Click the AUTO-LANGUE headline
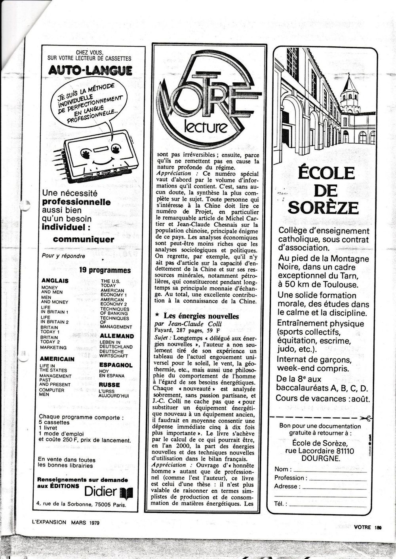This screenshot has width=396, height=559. point(90,70)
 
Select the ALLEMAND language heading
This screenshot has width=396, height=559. point(116,336)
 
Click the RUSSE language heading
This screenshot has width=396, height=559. point(109,384)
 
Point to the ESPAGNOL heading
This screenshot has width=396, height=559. point(116,365)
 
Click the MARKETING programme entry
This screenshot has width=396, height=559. point(53,347)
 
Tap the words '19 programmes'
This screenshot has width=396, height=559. point(105,271)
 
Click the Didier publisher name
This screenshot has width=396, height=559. point(101,492)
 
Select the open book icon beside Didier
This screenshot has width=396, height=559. point(126,493)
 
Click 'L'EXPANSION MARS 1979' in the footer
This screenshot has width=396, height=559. point(65,522)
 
